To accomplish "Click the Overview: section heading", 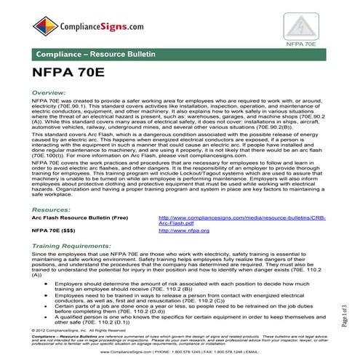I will (x=50, y=94).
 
